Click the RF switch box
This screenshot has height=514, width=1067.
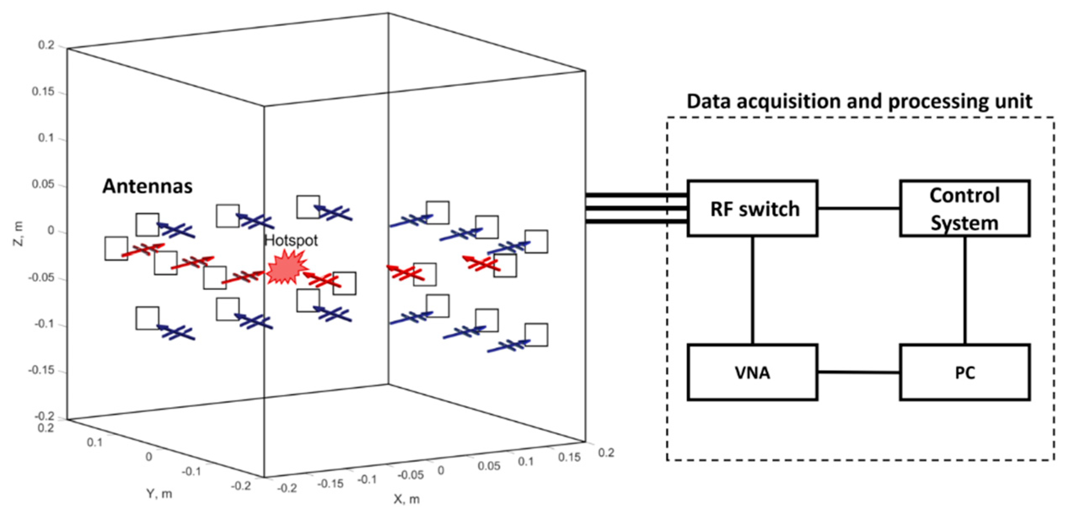(x=753, y=209)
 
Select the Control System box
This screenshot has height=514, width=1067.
(x=965, y=209)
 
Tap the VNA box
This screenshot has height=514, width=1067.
(x=753, y=372)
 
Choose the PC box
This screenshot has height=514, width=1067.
(x=965, y=372)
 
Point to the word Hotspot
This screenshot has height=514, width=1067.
(x=291, y=241)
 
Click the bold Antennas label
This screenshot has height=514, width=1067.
(x=148, y=186)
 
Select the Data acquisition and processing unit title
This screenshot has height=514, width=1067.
(x=859, y=102)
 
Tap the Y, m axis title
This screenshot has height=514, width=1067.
(x=159, y=493)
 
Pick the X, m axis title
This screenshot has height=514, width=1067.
(x=406, y=500)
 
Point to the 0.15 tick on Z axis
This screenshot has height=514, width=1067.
(x=43, y=92)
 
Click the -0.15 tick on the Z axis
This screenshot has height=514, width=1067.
(x=41, y=371)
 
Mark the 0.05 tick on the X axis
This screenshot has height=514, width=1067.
(x=489, y=466)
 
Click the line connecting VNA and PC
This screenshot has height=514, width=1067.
(x=858, y=372)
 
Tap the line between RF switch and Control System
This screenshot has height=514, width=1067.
(x=858, y=208)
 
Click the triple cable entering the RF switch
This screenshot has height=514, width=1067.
(x=632, y=208)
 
